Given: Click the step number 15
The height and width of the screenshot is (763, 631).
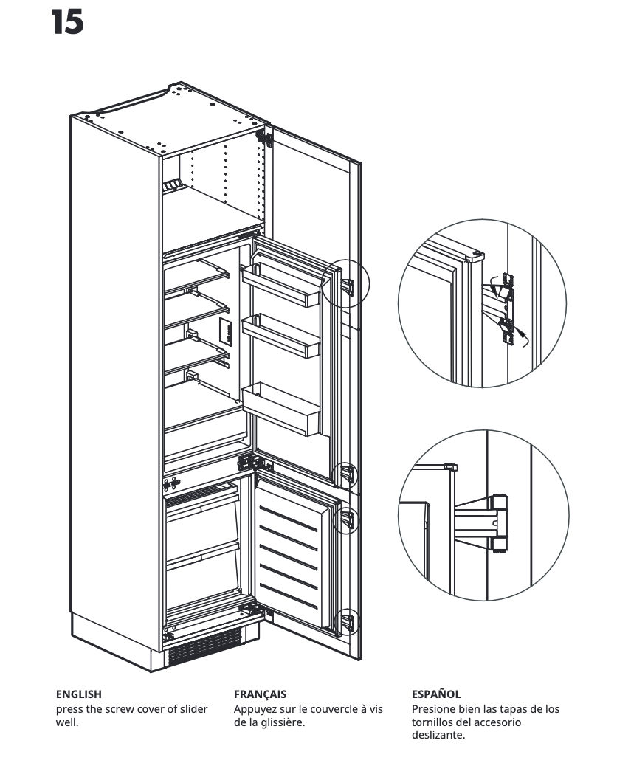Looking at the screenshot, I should pyautogui.click(x=67, y=23).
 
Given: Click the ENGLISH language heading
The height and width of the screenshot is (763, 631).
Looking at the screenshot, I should pyautogui.click(x=79, y=694).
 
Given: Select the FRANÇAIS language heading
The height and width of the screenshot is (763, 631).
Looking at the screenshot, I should pyautogui.click(x=260, y=694).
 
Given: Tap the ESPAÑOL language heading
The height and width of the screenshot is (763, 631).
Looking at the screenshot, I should pyautogui.click(x=435, y=694).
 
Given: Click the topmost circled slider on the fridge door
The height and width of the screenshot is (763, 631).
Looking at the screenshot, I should pyautogui.click(x=349, y=284).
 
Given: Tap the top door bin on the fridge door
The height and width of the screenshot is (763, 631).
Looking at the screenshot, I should pyautogui.click(x=280, y=283).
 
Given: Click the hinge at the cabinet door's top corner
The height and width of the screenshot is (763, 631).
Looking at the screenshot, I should pyautogui.click(x=261, y=137).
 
